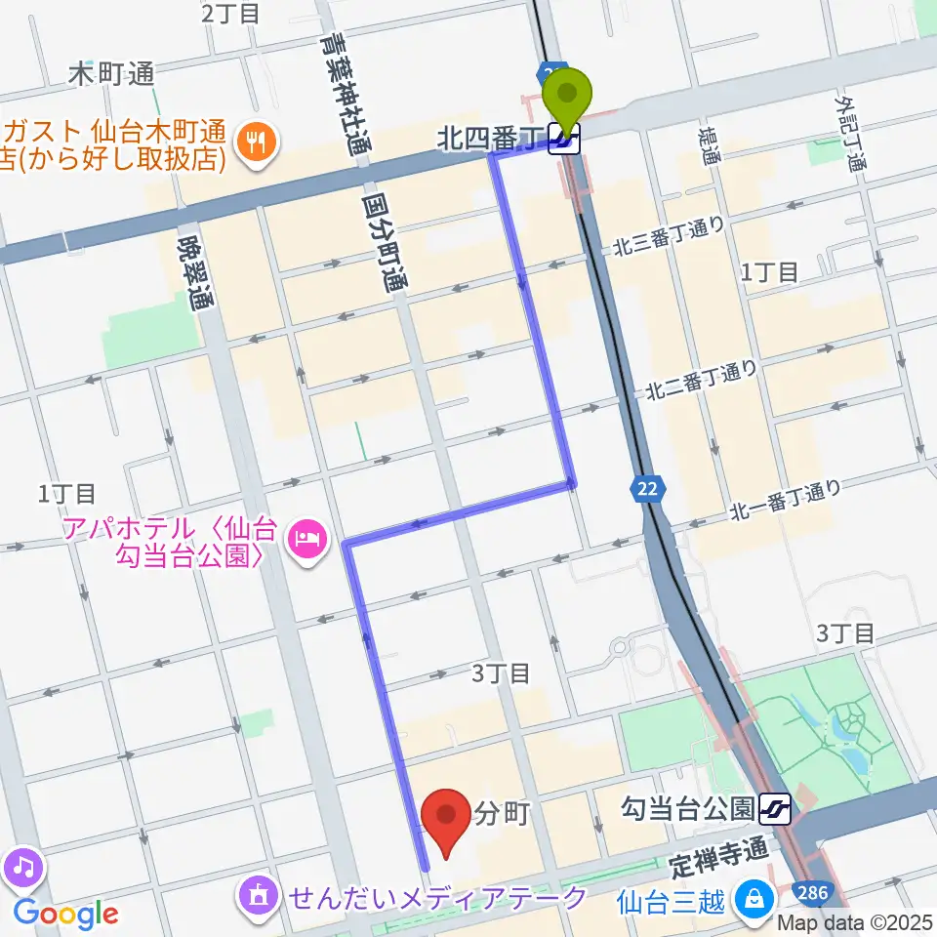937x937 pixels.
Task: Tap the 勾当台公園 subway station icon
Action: pos(778,808)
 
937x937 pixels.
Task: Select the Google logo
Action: pos(66,915)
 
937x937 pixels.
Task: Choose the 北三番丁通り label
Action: pos(669,237)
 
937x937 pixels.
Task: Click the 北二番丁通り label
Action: pos(699,381)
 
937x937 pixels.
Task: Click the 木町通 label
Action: pos(113,73)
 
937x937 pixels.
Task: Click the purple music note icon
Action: pos(22,865)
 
